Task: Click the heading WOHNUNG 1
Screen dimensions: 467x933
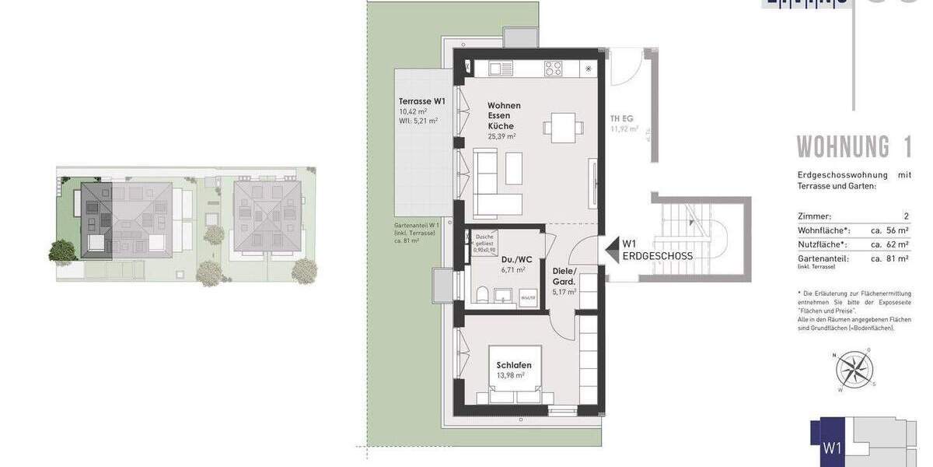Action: click(854, 147)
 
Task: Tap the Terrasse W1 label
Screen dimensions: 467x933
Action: click(422, 101)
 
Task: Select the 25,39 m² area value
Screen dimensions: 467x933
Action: click(501, 136)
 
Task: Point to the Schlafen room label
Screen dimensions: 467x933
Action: click(514, 365)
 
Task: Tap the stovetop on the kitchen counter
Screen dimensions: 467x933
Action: click(553, 68)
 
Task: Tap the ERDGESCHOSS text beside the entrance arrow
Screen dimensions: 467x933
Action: click(657, 255)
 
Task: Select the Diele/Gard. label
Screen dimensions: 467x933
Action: click(564, 276)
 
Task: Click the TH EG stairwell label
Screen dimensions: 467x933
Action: click(622, 119)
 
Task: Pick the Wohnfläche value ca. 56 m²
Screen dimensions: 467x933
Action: click(889, 230)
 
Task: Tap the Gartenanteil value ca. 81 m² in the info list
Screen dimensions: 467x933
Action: click(889, 258)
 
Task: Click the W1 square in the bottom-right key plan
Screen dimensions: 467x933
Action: click(832, 447)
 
